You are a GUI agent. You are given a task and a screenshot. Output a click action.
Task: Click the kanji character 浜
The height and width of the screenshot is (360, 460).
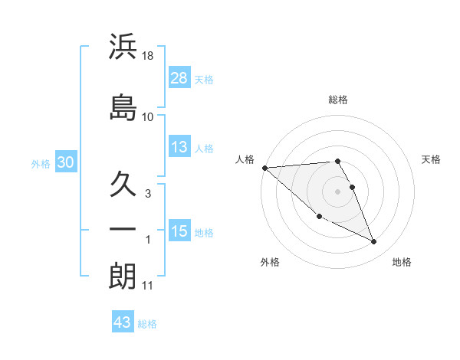[x=123, y=47]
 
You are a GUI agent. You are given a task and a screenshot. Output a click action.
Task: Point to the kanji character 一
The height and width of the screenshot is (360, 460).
[x=123, y=230]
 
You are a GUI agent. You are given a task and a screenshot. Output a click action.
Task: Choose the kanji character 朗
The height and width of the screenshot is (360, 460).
[x=123, y=276]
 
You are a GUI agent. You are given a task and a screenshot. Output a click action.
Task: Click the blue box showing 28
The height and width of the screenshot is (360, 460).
[x=179, y=77]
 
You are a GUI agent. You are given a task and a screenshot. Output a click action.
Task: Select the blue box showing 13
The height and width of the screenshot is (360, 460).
[x=179, y=147]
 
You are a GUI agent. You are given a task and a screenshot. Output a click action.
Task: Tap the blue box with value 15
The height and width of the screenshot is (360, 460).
[x=179, y=231]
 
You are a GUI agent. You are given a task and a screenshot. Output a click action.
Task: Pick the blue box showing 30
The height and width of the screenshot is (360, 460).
[x=65, y=162]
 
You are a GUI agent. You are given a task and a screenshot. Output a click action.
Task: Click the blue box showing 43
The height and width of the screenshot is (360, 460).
[x=122, y=322]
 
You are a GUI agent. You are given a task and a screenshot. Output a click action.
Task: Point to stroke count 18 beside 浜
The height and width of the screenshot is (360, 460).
[x=149, y=55]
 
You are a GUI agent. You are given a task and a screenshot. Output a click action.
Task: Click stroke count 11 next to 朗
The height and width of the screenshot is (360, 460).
[x=148, y=286]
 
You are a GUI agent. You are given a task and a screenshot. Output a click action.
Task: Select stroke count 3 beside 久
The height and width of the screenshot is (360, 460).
[x=148, y=194]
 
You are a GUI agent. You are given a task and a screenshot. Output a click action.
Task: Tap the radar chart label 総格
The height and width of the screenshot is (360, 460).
[x=338, y=100]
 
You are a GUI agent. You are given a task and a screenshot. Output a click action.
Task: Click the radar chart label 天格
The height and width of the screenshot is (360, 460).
[x=432, y=159]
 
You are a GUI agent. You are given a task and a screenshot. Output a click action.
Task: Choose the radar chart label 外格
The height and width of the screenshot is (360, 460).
[x=270, y=262]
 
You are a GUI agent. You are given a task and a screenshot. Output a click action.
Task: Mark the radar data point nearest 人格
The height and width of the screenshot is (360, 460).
[x=264, y=167]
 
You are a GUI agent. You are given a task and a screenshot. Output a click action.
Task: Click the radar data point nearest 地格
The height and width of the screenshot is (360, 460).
[x=374, y=242]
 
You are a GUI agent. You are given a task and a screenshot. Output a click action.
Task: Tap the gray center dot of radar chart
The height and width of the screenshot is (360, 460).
[x=338, y=191]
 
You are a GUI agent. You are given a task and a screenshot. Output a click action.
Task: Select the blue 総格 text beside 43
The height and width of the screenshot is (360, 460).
[x=147, y=324]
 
